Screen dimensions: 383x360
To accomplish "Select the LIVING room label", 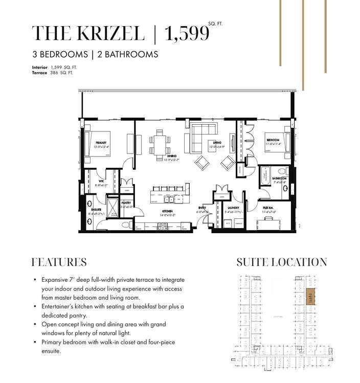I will (x=217, y=143).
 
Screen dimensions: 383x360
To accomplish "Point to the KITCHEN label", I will (x=167, y=211).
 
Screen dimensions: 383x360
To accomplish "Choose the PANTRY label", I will (x=127, y=203).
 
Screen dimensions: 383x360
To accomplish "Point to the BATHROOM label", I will (x=279, y=178).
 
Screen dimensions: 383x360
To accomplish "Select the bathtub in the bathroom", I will (x=265, y=176).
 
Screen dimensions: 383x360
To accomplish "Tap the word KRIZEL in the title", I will (x=108, y=34).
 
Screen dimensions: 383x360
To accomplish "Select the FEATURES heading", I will (x=59, y=262).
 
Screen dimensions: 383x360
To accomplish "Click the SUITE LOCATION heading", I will (x=282, y=262).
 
